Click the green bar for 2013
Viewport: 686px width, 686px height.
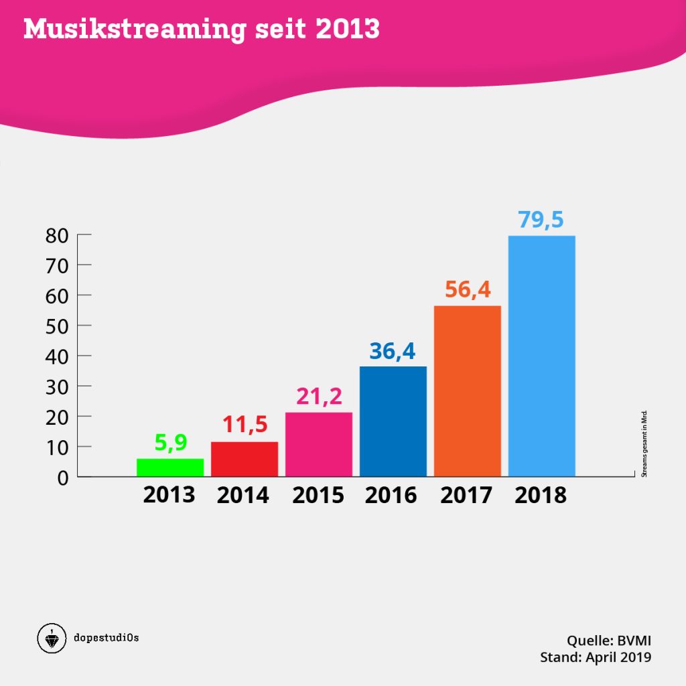click(x=170, y=468)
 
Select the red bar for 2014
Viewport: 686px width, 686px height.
click(x=245, y=459)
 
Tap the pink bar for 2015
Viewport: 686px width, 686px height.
click(x=319, y=444)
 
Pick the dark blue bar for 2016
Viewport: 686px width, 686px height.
click(x=393, y=421)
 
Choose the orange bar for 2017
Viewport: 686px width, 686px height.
click(x=468, y=391)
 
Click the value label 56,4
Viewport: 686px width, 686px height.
click(x=468, y=291)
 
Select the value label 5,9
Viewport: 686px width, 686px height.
click(x=170, y=443)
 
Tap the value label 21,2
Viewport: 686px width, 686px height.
click(x=319, y=397)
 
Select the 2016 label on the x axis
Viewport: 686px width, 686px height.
click(x=391, y=495)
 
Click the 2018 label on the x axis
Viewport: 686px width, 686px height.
click(x=541, y=495)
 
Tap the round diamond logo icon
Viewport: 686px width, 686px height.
click(x=52, y=638)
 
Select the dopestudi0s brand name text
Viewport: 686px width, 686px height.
click(x=106, y=637)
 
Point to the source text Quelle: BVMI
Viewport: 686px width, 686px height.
click(x=609, y=639)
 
